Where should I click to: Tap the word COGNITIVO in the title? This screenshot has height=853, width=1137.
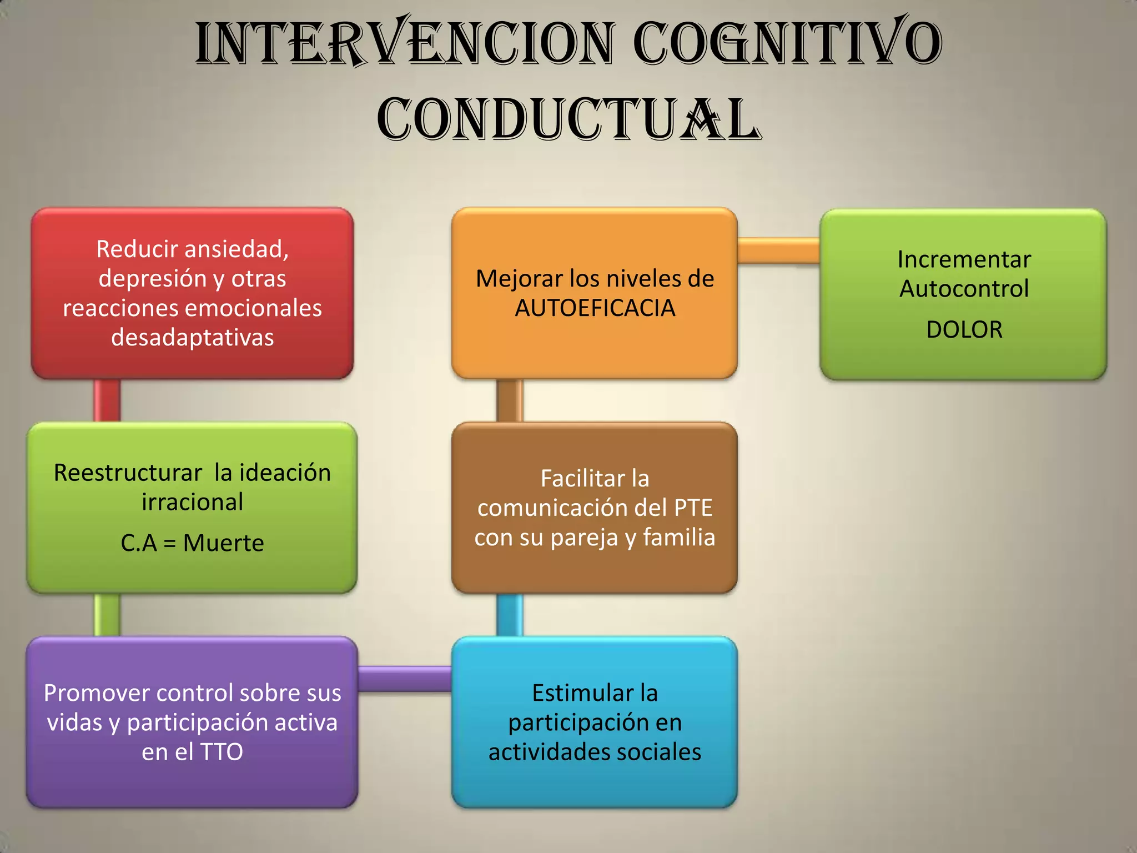click(787, 43)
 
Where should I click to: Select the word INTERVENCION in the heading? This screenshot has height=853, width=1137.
click(405, 43)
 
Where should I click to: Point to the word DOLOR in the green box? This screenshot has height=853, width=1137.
click(964, 330)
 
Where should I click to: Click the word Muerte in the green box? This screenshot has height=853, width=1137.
click(223, 543)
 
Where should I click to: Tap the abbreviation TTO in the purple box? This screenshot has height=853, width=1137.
click(222, 752)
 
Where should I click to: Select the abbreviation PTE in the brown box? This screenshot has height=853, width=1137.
click(693, 508)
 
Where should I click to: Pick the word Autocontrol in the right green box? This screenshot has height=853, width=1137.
click(964, 289)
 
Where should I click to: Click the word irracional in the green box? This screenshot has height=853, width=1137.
click(193, 502)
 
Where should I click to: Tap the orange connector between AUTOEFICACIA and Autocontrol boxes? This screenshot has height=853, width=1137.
click(778, 250)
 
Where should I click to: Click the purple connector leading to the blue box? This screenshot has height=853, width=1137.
click(405, 678)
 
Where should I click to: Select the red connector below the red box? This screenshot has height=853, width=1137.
click(107, 400)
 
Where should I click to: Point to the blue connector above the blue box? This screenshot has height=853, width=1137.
click(510, 615)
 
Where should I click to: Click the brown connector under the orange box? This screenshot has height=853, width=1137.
click(510, 400)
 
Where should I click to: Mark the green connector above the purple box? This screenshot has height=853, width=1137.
click(107, 615)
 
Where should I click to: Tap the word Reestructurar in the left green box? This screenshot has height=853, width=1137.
click(128, 473)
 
